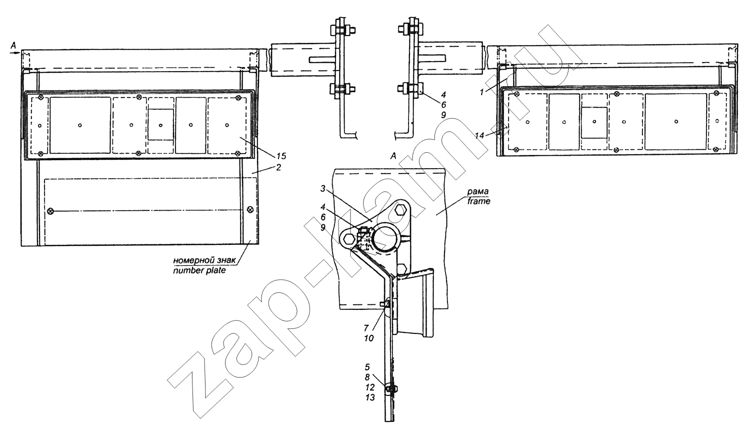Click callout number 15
pos(281,156)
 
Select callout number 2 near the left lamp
pos(278,167)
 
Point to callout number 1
pos(481,92)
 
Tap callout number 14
pos(479,135)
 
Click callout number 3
pos(322,189)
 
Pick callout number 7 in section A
pos(366,328)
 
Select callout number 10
pos(368,338)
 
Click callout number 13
pos(369,397)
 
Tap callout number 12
pos(369,387)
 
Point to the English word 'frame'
pos(479,201)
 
